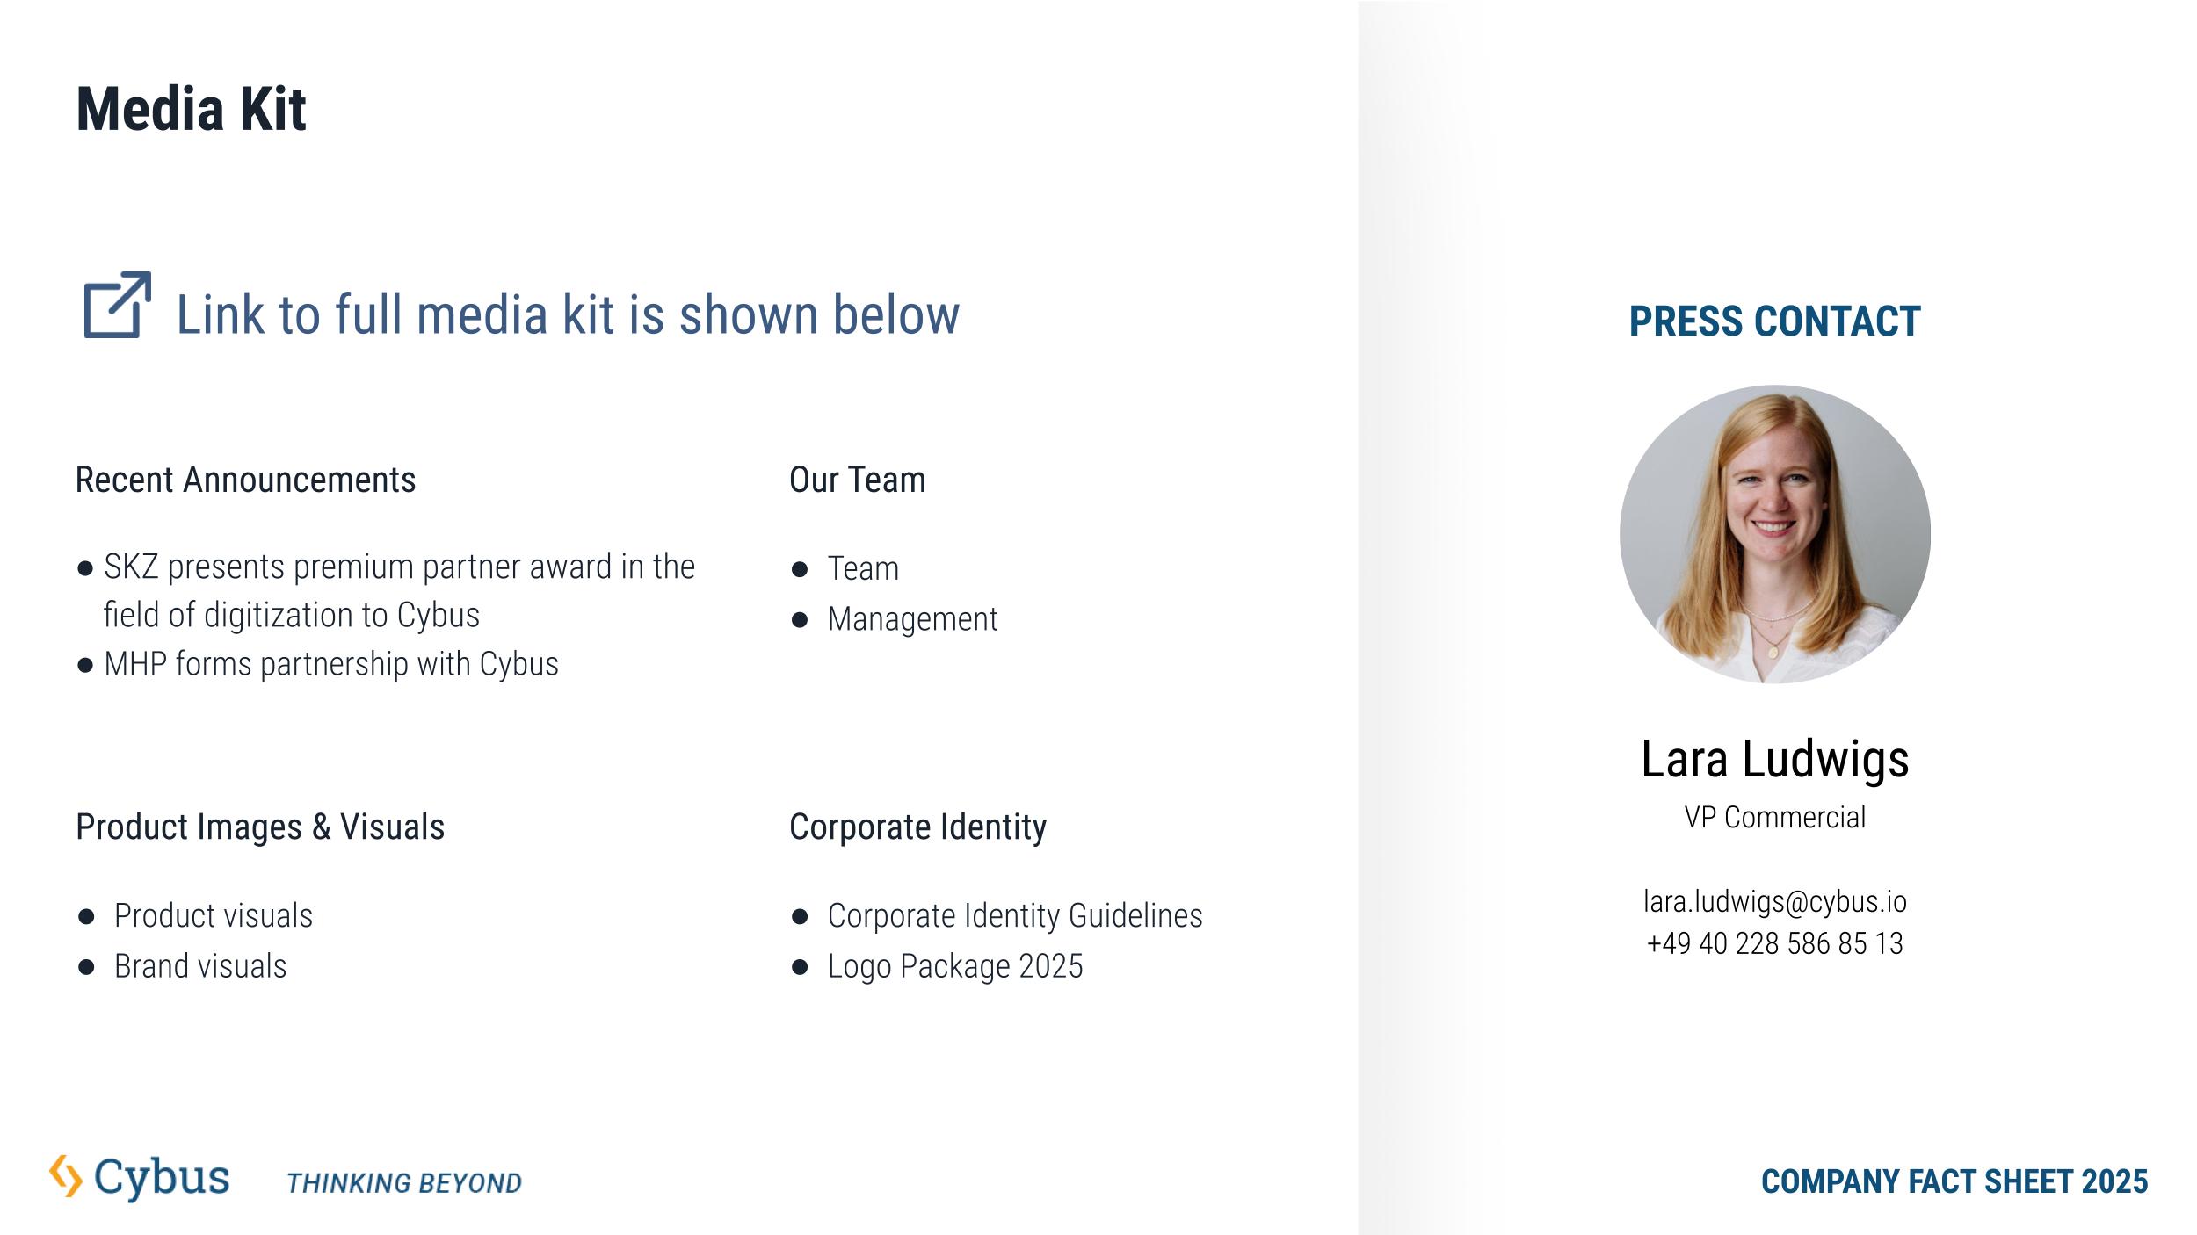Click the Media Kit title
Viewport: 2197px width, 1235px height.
pos(191,110)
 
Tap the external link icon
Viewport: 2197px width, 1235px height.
pos(117,305)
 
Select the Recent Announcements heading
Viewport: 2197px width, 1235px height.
pos(245,480)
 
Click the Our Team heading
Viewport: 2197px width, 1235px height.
pos(857,480)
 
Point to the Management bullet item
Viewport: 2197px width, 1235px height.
pos(912,619)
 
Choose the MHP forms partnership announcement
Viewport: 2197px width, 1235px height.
pos(330,664)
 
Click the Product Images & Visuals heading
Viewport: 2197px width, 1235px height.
pos(260,827)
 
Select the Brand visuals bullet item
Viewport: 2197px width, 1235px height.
pos(200,966)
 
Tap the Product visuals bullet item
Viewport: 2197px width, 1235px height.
pos(214,916)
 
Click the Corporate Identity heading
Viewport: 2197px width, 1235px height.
pos(917,827)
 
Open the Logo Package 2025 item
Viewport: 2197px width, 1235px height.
pos(955,966)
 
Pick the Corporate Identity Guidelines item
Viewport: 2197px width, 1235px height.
pos(1015,916)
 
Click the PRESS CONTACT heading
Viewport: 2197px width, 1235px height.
pos(1774,321)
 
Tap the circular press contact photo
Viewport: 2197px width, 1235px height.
pos(1775,534)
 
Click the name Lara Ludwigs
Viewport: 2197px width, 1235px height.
pos(1775,759)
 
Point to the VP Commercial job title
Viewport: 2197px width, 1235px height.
pos(1775,818)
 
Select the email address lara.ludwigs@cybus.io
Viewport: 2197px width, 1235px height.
pos(1775,901)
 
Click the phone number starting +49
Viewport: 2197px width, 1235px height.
pos(1775,943)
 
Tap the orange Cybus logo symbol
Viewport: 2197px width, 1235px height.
pos(66,1176)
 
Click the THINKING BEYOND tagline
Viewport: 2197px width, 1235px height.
pos(404,1183)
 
